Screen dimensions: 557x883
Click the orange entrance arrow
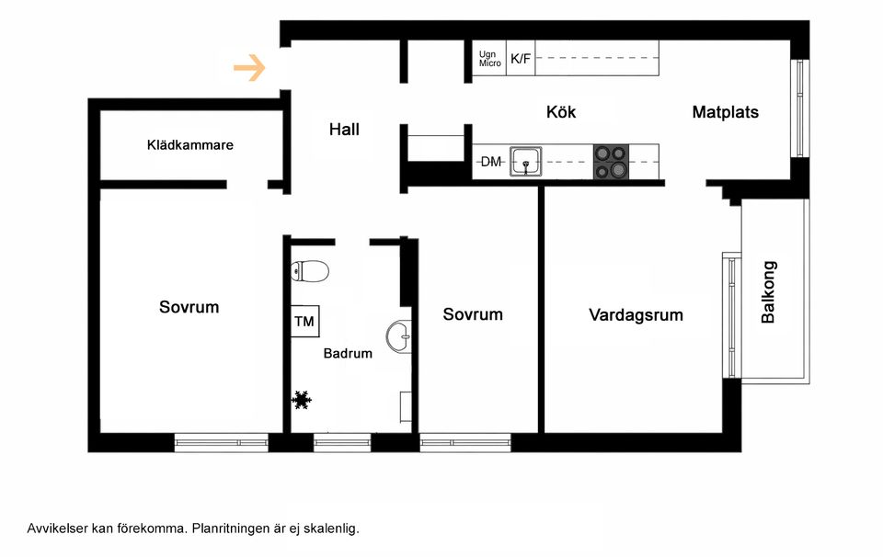click(249, 68)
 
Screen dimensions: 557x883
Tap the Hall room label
click(344, 130)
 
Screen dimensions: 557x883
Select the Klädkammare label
click(190, 145)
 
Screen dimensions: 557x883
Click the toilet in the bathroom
click(310, 271)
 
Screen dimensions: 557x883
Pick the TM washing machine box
click(304, 322)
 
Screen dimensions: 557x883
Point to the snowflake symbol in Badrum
click(301, 400)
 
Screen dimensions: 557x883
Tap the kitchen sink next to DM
click(526, 162)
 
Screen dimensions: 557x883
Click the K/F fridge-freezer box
click(521, 59)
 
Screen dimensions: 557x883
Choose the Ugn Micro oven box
click(489, 59)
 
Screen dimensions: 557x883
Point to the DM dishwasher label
click(491, 163)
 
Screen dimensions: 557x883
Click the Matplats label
click(725, 112)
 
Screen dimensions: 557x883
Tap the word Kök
click(561, 112)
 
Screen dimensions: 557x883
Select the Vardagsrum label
click(636, 315)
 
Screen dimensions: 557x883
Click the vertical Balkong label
click(769, 292)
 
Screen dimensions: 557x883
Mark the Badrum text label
click(348, 353)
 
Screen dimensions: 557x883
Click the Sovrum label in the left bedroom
click(189, 307)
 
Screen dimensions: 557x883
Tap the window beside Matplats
click(799, 108)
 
